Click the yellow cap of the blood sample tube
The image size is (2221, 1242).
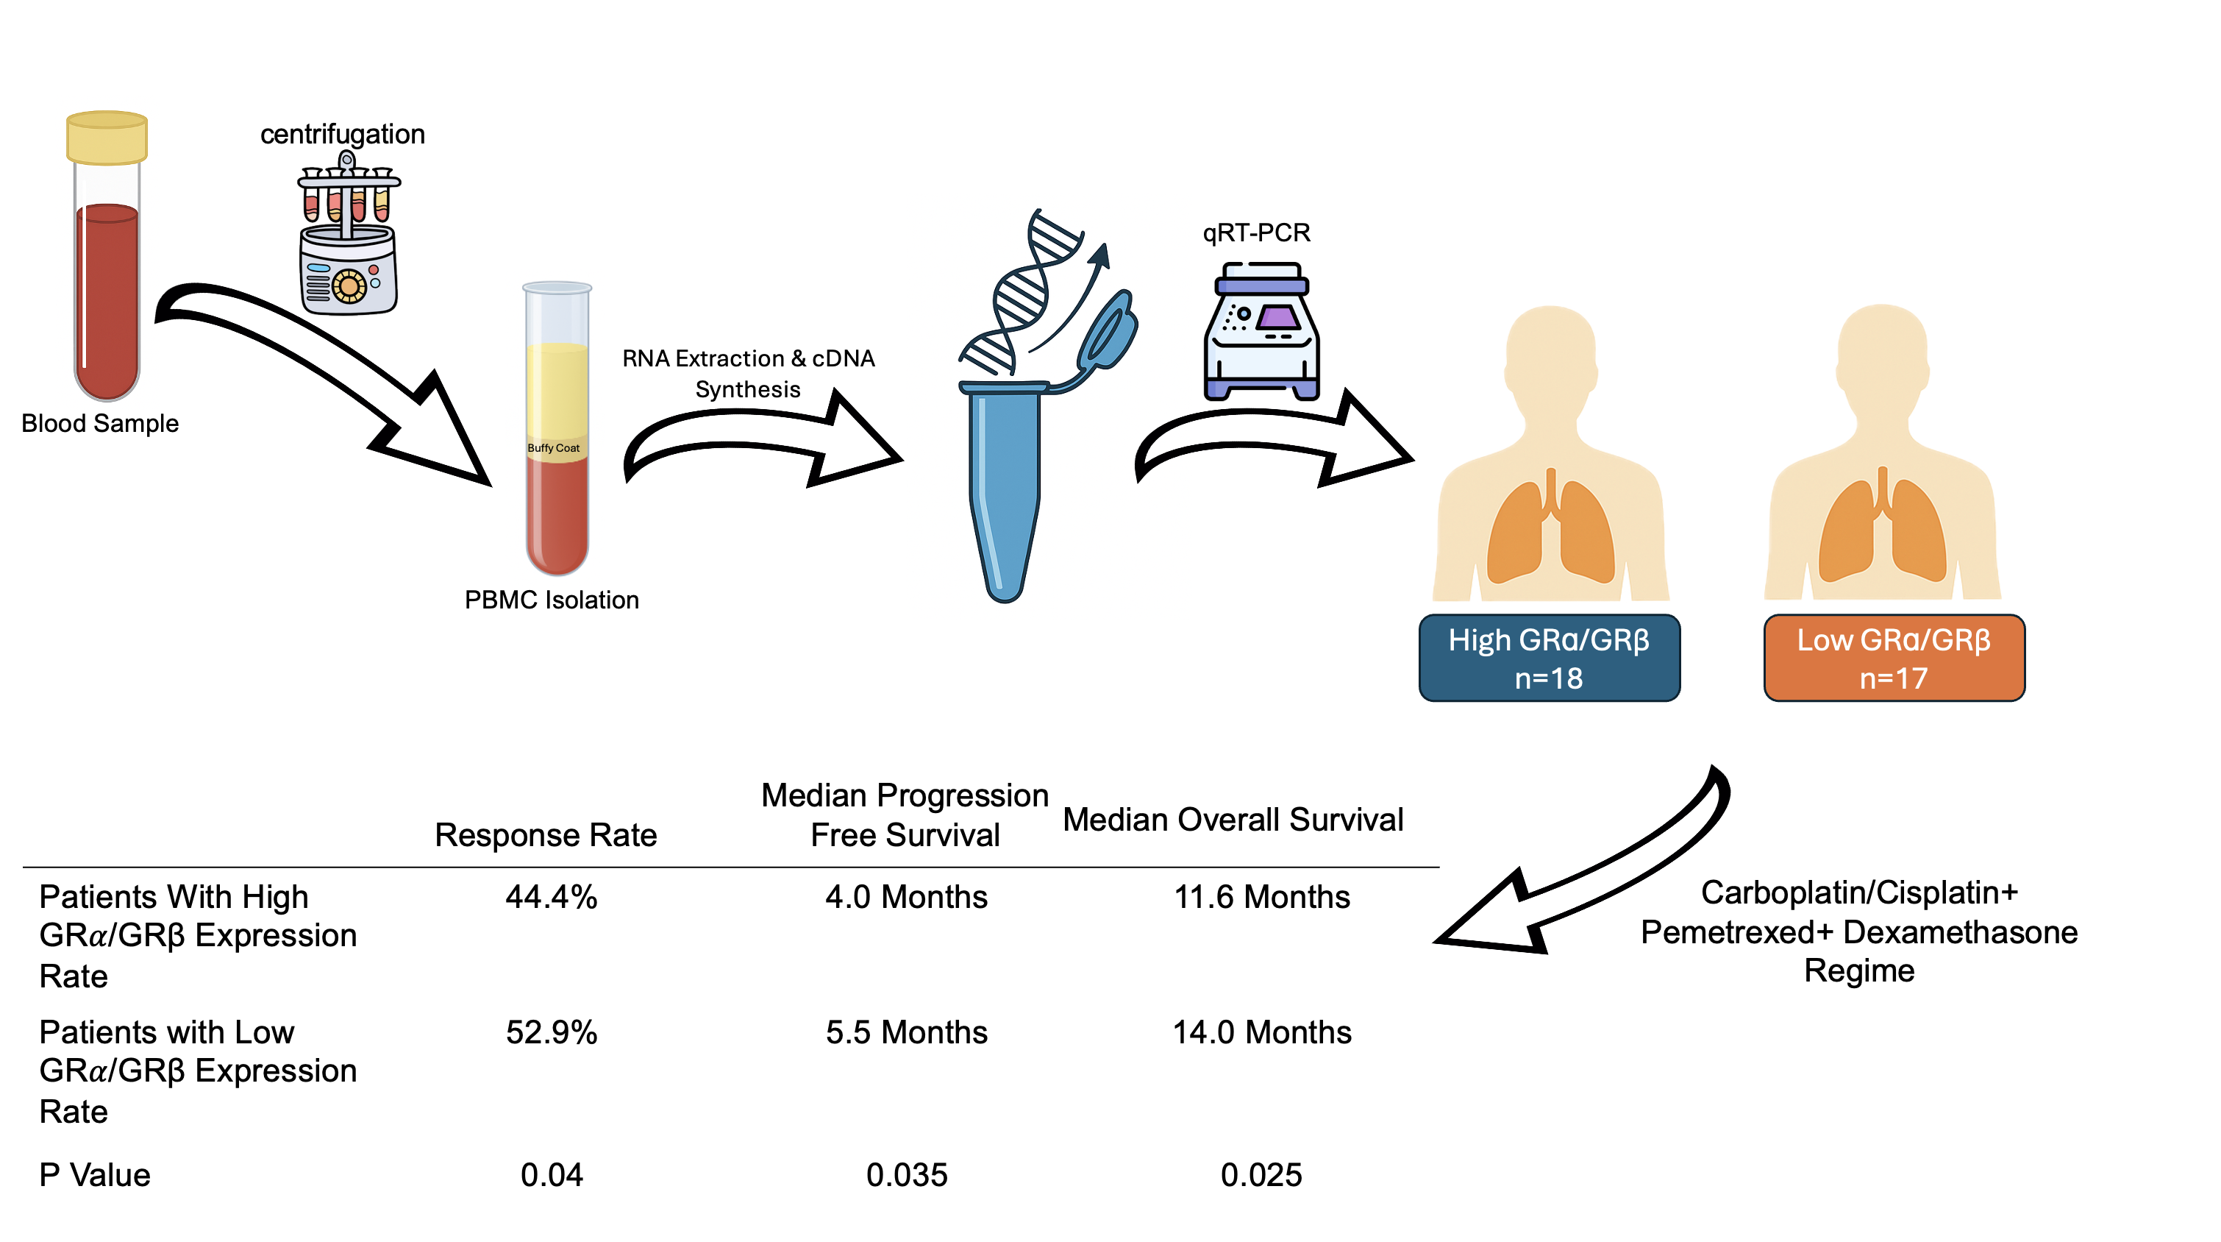107,138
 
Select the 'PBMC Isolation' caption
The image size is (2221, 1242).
552,600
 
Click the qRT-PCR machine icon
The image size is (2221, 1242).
1261,332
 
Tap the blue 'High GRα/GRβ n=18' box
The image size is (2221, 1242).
1549,658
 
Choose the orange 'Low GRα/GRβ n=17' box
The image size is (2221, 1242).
1894,658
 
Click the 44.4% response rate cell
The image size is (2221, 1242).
552,898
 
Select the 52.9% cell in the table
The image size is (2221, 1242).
552,1033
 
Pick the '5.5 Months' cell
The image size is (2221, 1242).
906,1033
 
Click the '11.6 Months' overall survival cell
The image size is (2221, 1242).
1261,898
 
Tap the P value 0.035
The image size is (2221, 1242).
906,1176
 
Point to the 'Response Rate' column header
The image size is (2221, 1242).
546,835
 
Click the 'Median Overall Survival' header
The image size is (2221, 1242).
1233,820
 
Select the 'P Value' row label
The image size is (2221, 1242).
95,1176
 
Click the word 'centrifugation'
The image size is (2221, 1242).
342,135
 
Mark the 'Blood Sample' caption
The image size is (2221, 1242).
100,424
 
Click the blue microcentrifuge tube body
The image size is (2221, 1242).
1005,492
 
